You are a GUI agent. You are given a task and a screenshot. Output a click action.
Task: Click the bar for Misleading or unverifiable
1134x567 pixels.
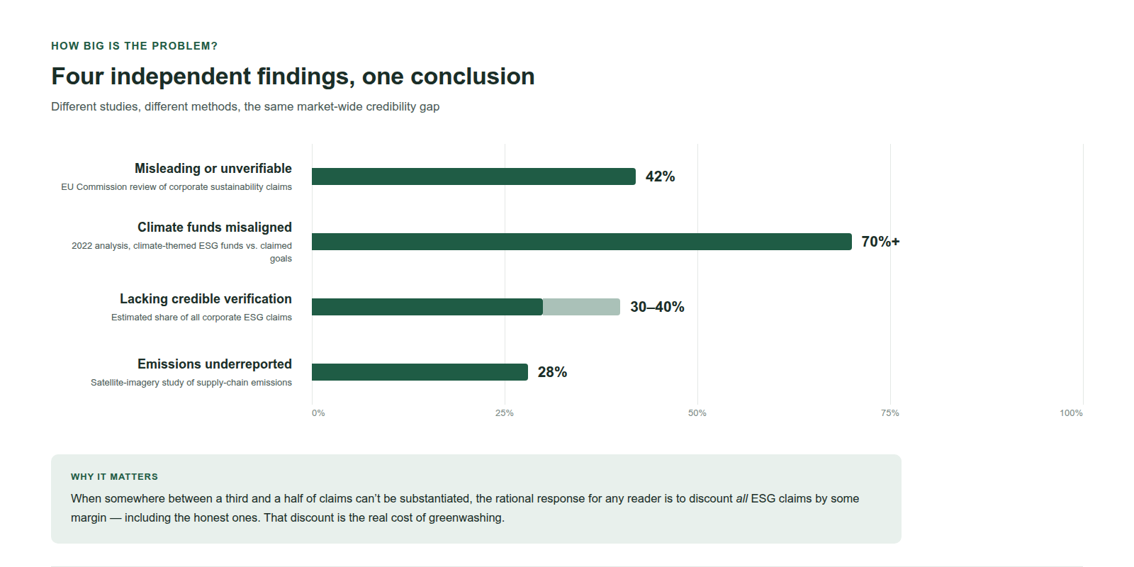coord(474,176)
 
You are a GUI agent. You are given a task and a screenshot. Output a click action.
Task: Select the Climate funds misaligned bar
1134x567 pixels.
coord(582,242)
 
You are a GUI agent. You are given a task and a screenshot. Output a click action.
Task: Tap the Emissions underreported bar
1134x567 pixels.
coord(420,372)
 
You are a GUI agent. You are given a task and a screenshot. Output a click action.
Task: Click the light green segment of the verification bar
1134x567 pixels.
coord(581,307)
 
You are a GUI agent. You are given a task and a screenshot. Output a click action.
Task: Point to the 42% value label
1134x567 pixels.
coord(660,176)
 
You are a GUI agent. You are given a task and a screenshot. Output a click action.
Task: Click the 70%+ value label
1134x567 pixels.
coord(880,242)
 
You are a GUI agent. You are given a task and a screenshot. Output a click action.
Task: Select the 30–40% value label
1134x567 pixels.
coord(657,308)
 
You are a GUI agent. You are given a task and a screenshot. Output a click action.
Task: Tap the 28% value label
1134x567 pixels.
coord(552,373)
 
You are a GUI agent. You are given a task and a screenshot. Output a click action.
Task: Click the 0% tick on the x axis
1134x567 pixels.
coord(318,413)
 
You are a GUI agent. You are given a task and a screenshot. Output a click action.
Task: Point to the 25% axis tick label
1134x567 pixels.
coord(504,413)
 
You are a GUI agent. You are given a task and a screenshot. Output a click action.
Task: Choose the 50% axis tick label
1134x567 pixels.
coord(697,413)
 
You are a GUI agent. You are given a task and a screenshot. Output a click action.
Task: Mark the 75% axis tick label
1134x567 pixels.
coord(890,413)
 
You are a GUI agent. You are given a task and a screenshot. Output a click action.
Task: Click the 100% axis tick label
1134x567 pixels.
coord(1071,413)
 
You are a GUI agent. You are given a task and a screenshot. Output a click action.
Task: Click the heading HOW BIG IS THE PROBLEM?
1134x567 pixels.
coord(134,46)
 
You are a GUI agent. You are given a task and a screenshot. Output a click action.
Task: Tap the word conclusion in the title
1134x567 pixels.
coord(472,77)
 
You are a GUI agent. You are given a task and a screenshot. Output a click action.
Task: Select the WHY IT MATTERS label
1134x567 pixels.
coord(114,477)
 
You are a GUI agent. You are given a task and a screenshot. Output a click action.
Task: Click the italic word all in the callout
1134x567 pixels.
coord(741,499)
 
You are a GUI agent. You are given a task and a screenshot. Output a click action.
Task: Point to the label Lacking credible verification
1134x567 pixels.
coord(206,298)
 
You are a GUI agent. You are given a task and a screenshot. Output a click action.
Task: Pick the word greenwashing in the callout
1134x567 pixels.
coord(466,518)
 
